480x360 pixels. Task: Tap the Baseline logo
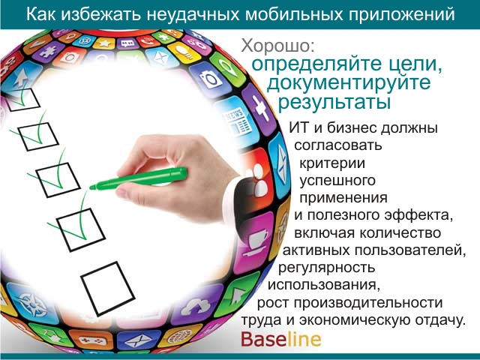tap(281, 339)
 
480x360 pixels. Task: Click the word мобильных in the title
tap(294, 14)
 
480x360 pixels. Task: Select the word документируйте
tap(349, 82)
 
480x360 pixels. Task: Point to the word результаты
tap(334, 102)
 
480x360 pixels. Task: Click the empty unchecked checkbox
tap(108, 288)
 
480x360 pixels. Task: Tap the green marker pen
tap(138, 178)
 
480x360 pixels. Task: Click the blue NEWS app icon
tap(237, 122)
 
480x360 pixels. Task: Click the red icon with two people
tap(258, 181)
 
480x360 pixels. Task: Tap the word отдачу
tap(440, 320)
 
